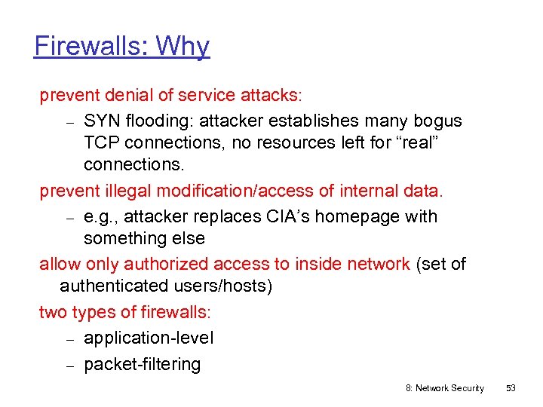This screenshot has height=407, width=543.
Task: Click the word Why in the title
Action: [183, 46]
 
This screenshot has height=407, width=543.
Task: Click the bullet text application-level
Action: [149, 338]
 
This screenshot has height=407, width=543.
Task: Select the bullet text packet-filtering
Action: [142, 364]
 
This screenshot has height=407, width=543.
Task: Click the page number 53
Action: [511, 388]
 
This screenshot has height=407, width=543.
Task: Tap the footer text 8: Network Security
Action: [444, 388]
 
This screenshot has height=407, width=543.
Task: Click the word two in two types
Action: [52, 312]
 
